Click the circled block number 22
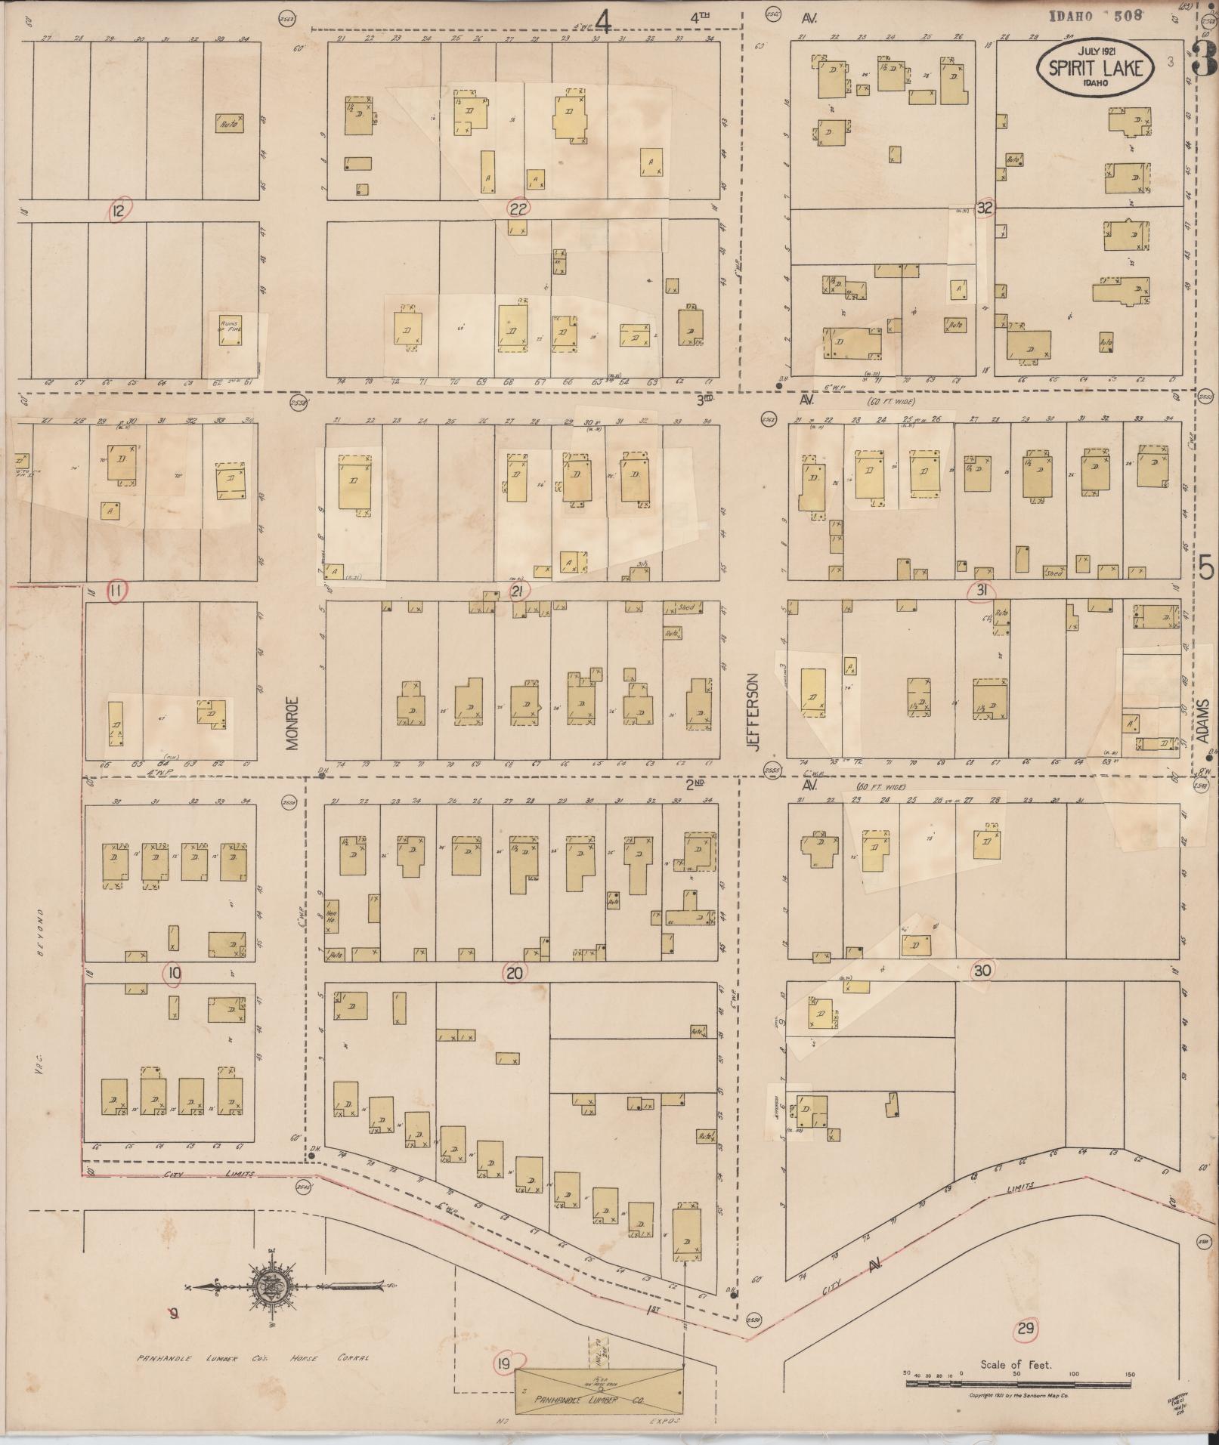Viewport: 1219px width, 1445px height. click(519, 208)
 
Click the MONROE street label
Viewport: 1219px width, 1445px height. click(293, 722)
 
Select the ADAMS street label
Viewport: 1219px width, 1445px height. click(1202, 723)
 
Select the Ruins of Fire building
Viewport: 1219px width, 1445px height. click(230, 330)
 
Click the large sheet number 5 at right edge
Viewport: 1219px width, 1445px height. click(1205, 567)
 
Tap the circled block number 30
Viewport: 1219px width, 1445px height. click(982, 970)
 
